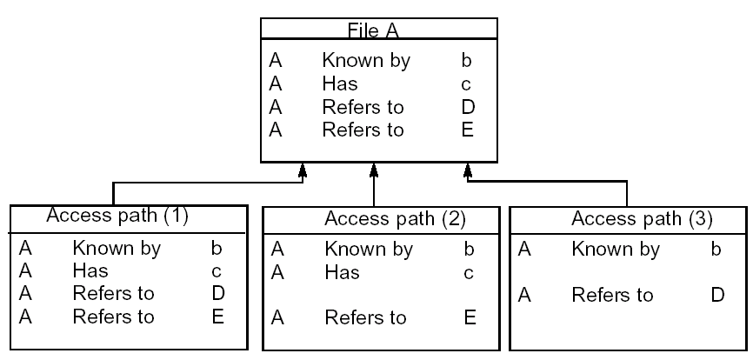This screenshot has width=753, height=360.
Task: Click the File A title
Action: click(379, 32)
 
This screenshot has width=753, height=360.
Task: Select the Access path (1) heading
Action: click(117, 215)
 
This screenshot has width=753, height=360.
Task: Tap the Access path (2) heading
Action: click(381, 217)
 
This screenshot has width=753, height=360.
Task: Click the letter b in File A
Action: click(467, 62)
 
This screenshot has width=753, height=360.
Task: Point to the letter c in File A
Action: click(467, 85)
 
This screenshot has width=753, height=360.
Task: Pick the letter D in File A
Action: click(468, 108)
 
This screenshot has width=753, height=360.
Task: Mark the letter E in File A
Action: click(468, 130)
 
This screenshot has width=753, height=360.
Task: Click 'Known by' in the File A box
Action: click(365, 62)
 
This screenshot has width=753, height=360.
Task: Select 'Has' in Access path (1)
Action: click(91, 270)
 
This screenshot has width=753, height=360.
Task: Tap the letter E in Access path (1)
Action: click(217, 316)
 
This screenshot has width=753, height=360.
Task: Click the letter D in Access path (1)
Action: click(217, 293)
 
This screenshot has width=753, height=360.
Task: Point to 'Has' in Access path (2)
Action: click(342, 273)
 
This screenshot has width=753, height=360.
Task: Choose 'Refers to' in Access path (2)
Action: click(365, 318)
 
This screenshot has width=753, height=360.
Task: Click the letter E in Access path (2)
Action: click(470, 318)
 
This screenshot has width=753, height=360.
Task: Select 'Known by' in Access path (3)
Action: click(616, 250)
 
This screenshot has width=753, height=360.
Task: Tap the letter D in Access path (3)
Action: click(716, 296)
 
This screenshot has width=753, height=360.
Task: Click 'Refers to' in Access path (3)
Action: click(612, 296)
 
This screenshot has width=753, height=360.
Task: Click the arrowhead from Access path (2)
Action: click(373, 170)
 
